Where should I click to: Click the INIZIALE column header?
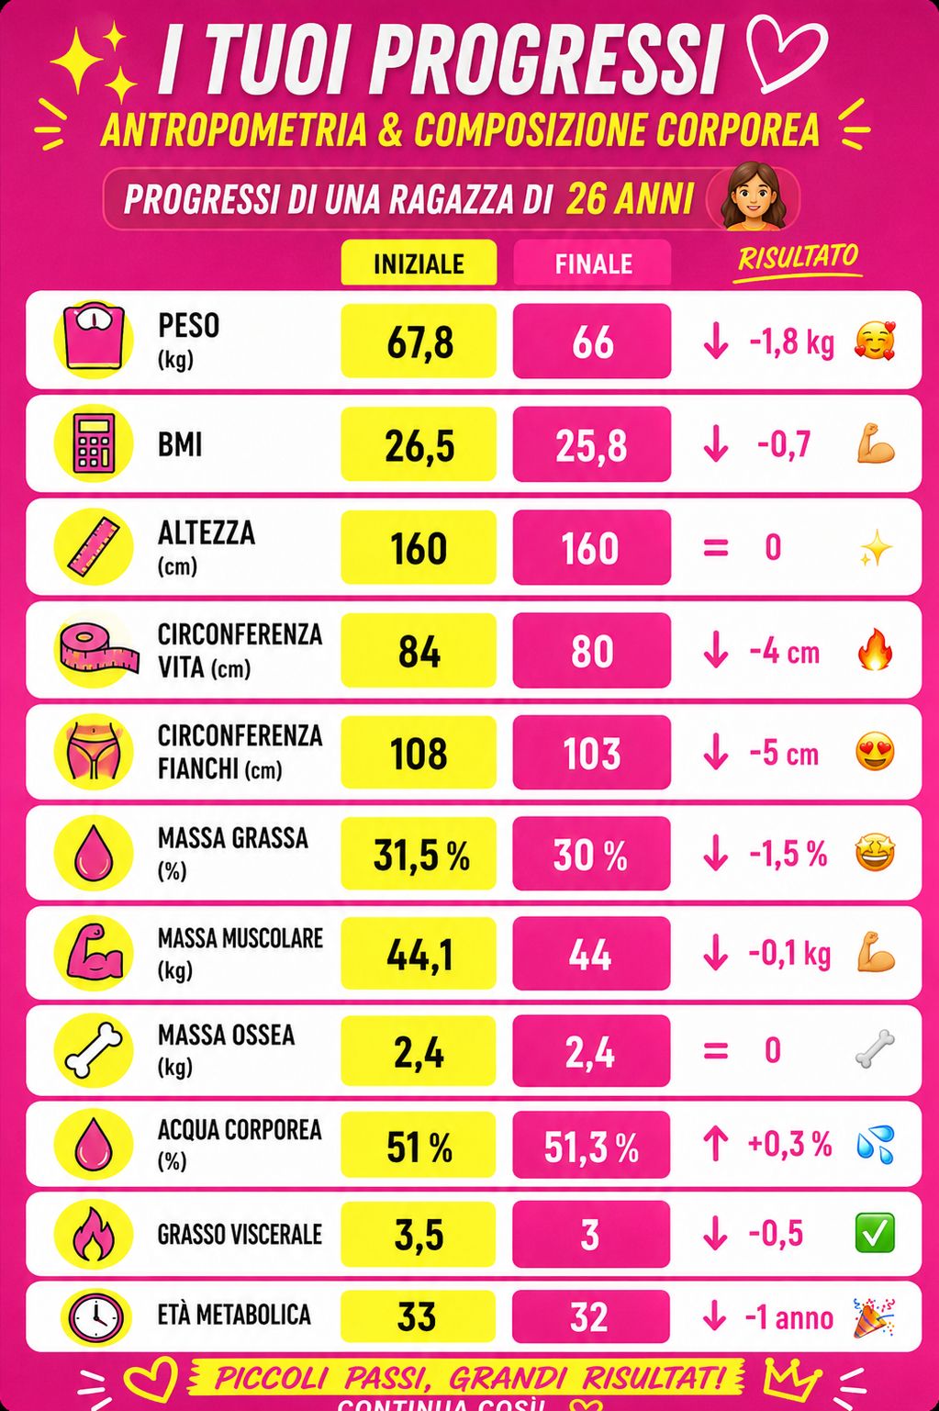[x=419, y=263]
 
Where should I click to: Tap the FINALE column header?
[x=593, y=264]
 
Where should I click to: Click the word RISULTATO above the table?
[x=798, y=258]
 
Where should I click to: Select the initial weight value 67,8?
[x=420, y=342]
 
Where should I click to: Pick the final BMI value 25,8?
[x=591, y=446]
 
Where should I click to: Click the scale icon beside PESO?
[x=94, y=339]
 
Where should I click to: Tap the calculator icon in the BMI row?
[x=95, y=442]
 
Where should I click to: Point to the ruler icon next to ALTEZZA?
[x=94, y=546]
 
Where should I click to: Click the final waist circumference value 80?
[x=592, y=651]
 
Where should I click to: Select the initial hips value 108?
[x=419, y=754]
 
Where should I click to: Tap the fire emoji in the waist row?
[x=875, y=649]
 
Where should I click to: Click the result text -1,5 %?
[x=788, y=854]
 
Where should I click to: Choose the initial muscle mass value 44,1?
[x=419, y=955]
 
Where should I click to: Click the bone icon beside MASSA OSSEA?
[x=95, y=1051]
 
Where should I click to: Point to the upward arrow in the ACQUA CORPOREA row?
[x=715, y=1143]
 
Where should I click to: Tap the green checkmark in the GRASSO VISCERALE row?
[x=875, y=1233]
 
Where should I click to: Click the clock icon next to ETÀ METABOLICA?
[x=95, y=1316]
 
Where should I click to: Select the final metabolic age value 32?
[x=589, y=1317]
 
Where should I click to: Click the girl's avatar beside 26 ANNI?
[x=752, y=196]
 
